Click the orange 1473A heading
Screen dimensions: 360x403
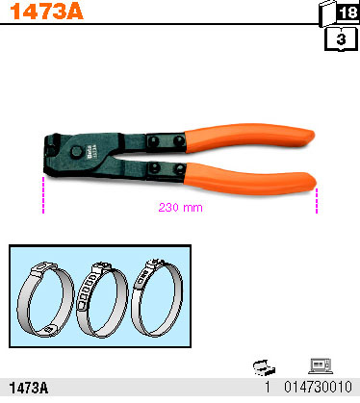click(x=46, y=12)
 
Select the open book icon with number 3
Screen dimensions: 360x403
click(x=341, y=38)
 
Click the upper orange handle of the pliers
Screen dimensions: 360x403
click(x=249, y=138)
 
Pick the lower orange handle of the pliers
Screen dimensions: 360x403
click(x=249, y=179)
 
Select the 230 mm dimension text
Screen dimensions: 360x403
click(x=181, y=208)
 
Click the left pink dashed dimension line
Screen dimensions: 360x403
click(x=43, y=194)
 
